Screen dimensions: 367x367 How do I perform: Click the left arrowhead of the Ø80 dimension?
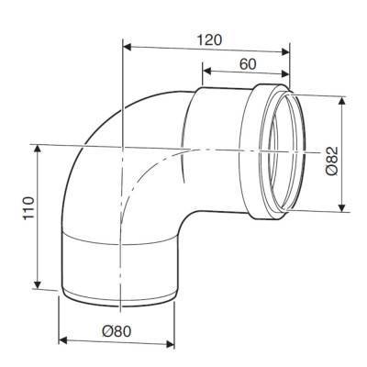[61, 341]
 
